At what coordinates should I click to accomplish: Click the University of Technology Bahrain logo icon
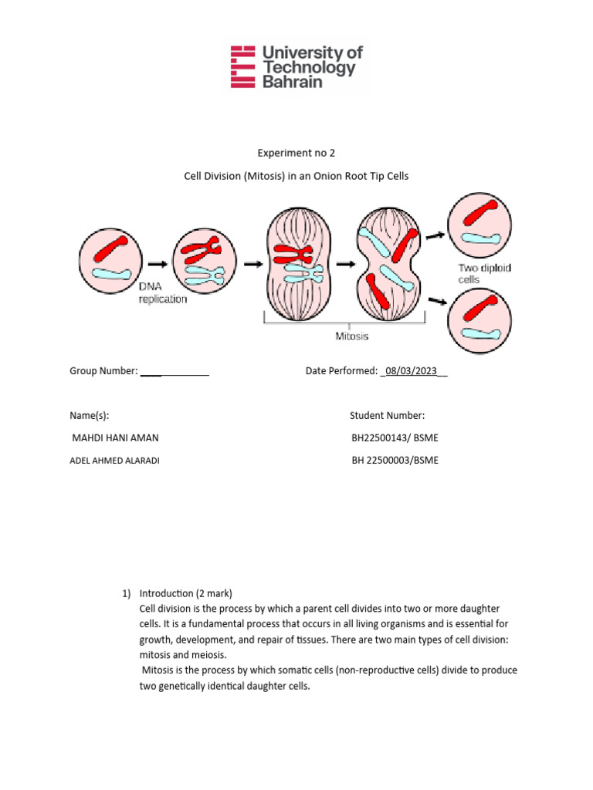243,66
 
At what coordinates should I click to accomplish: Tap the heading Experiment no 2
296,153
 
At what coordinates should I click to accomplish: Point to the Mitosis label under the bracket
351,336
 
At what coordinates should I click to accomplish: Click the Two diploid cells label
485,273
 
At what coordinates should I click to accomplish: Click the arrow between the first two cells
158,262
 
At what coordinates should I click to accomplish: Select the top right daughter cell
479,223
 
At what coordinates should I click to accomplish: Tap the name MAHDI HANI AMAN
114,438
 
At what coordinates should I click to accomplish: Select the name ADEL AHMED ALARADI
116,461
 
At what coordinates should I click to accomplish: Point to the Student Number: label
387,416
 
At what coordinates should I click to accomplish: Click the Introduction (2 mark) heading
185,593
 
